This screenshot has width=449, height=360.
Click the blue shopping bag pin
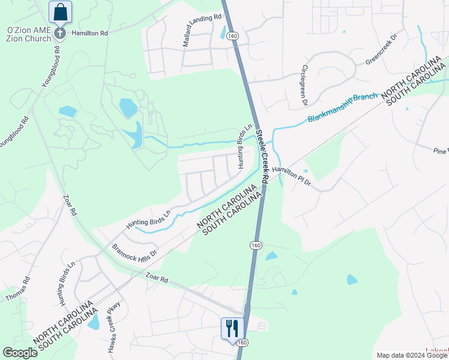(60, 11)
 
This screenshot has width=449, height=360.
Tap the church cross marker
(60, 33)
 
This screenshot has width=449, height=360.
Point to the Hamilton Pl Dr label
(291, 176)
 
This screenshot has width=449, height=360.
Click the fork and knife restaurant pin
(232, 328)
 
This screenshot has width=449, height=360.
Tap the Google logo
(20, 353)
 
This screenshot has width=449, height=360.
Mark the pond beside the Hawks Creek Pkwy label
(94, 322)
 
